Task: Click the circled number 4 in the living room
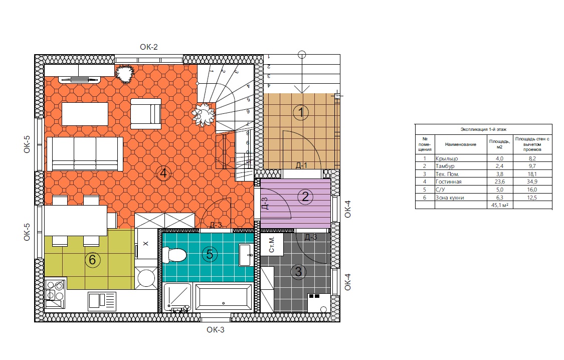point(163,173)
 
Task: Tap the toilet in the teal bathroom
point(174,255)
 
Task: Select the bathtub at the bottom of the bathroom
point(223,297)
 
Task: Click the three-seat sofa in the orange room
point(85,153)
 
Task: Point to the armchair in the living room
point(146,114)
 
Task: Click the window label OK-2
point(149,47)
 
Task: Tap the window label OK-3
point(216,330)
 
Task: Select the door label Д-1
point(301,165)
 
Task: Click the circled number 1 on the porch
point(301,113)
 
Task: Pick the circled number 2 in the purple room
point(305,197)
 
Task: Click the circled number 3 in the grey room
point(298,272)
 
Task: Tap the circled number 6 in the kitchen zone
point(92,260)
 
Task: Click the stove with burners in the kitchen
point(55,294)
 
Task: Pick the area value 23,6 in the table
point(500,182)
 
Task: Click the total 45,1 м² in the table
point(500,206)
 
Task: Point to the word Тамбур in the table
point(445,166)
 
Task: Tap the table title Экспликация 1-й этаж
point(483,129)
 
